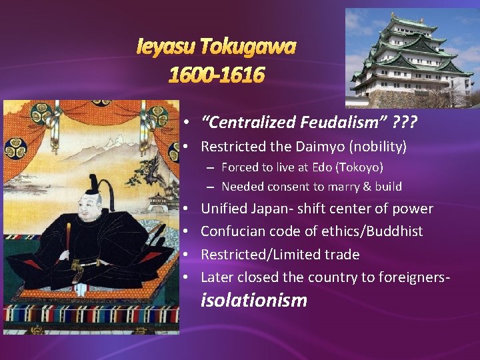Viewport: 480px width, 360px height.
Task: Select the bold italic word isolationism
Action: (x=254, y=301)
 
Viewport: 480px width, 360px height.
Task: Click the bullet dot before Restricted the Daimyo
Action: (x=189, y=145)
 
